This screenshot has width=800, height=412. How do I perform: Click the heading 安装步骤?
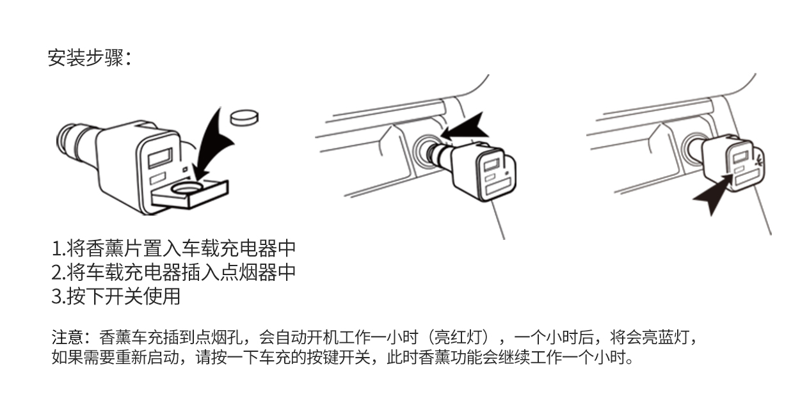click(86, 58)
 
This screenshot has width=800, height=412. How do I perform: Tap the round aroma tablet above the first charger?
click(244, 118)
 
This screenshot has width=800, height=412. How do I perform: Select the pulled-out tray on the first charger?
click(189, 194)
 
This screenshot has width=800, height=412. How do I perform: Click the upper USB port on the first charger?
click(160, 157)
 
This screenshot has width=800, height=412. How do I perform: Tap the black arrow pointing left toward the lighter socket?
click(465, 127)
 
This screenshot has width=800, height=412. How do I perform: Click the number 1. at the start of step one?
click(58, 248)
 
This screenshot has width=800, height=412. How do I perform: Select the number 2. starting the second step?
click(58, 273)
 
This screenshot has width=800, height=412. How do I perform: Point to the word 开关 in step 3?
click(124, 296)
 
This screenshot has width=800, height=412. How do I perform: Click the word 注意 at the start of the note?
click(67, 337)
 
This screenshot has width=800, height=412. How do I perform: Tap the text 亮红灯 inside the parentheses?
click(460, 337)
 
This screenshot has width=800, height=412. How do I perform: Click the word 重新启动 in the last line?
click(147, 357)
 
